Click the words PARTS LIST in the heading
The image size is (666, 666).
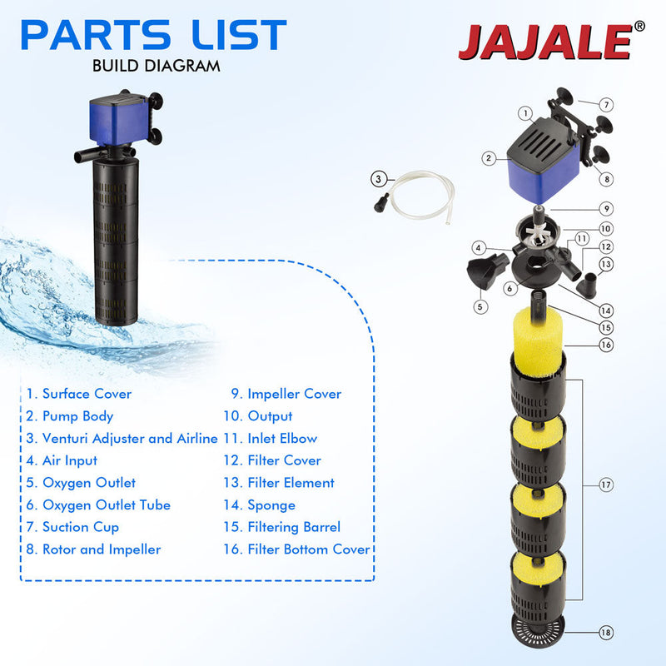pos(154,35)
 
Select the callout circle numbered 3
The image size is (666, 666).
pos(379,177)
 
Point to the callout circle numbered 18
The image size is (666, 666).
pos(606,634)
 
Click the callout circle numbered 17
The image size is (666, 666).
pos(606,483)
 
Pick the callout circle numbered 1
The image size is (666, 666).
pos(526,113)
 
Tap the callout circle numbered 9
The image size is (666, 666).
pos(606,208)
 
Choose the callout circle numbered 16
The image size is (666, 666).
pos(606,343)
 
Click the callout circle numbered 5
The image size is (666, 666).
pos(480,306)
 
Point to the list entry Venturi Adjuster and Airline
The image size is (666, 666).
pos(122,438)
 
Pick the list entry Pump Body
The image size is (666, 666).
pos(70,416)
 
